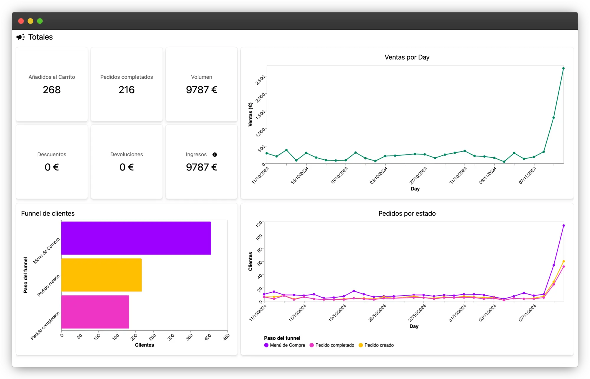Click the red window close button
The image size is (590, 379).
tap(21, 21)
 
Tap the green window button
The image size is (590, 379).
tap(40, 21)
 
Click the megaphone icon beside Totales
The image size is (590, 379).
tap(20, 37)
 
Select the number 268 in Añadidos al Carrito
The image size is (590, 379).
tap(52, 90)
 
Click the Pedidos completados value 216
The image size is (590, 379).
tap(127, 90)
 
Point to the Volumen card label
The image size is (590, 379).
tap(201, 77)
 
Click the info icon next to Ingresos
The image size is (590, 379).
tap(215, 155)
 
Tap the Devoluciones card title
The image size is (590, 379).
tap(127, 155)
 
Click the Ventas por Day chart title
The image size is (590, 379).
tap(407, 57)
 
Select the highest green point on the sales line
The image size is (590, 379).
tap(563, 68)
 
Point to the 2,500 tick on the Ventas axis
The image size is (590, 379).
tap(260, 80)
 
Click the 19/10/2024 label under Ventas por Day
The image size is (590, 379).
tap(339, 175)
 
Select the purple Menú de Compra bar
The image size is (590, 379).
tap(136, 238)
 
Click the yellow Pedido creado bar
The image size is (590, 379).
tap(101, 275)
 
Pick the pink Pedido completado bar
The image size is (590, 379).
tap(95, 312)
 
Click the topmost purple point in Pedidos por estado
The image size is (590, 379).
tap(563, 226)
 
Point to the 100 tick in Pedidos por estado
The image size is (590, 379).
tap(259, 237)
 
